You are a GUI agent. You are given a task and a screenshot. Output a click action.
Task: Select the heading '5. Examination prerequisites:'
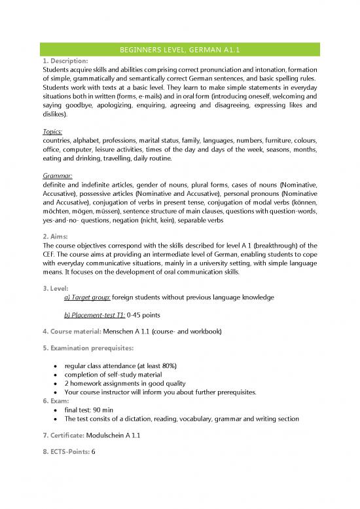[88, 349]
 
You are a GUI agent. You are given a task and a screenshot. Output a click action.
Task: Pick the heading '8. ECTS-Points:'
[67, 453]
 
